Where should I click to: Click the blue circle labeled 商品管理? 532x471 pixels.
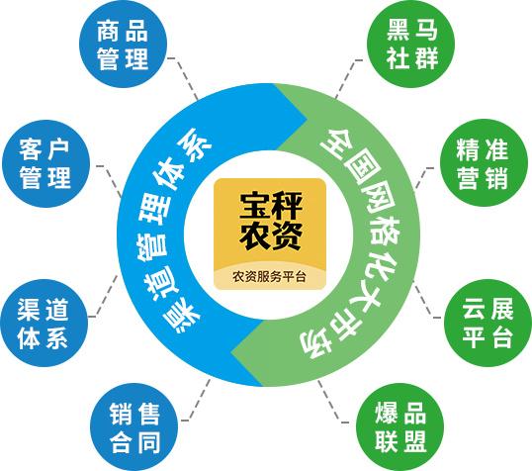[x=124, y=45]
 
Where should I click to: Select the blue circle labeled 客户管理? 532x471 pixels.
[x=45, y=163]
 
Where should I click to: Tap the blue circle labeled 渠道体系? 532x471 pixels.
[x=44, y=323]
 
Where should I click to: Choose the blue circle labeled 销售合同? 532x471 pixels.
[x=134, y=427]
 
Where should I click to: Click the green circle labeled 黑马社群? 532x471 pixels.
[x=411, y=45]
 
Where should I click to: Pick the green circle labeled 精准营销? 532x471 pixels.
[x=485, y=163]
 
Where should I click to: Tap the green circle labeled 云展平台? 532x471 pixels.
[x=488, y=323]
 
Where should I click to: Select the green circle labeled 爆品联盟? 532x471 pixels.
[x=400, y=427]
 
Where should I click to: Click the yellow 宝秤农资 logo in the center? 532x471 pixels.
[x=270, y=234]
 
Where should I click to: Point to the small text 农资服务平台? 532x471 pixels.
[x=269, y=276]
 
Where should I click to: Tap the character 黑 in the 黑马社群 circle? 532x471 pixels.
[x=399, y=30]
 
